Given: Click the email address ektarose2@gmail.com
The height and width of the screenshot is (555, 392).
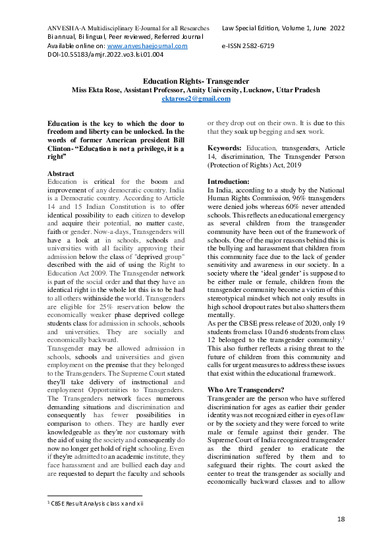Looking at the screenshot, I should pos(196,98).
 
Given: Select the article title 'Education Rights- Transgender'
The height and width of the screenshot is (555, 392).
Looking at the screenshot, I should pos(196,80).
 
